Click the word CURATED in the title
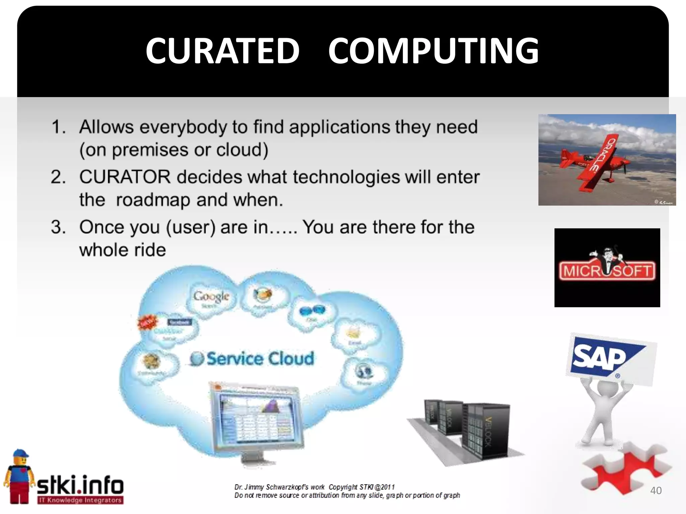coord(222,51)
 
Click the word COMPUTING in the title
coord(433,51)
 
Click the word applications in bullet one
coord(339,127)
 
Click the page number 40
coord(656,491)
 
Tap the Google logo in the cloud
coord(211,296)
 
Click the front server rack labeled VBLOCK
coord(487,432)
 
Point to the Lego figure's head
coord(21,460)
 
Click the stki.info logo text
coord(80,485)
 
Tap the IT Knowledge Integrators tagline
coord(80,500)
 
